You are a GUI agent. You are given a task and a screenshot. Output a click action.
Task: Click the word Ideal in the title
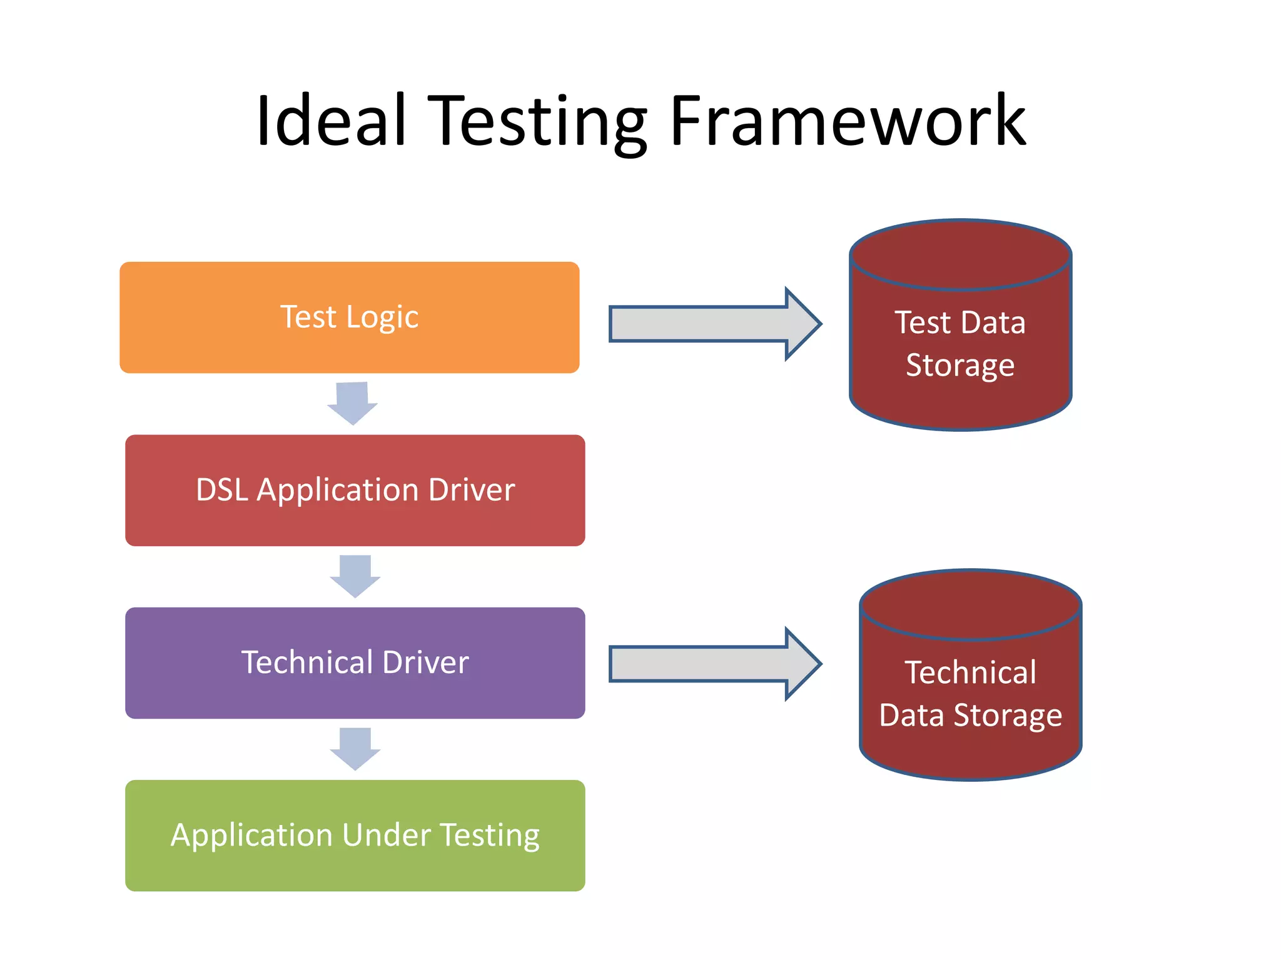tap(332, 120)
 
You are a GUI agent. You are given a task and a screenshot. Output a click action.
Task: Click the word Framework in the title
tap(848, 120)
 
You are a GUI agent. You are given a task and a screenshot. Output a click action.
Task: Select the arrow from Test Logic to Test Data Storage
tap(713, 324)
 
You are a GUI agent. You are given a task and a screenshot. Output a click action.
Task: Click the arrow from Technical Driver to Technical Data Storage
tap(713, 664)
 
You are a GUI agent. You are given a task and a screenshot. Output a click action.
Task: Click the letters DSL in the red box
tap(222, 489)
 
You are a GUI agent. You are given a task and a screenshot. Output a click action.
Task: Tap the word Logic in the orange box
tap(382, 317)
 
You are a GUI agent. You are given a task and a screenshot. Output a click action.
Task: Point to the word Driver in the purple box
tap(425, 662)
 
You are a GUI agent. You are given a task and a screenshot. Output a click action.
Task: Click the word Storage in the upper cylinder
tap(959, 366)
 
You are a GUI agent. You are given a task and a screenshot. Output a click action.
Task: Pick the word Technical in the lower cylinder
tap(970, 672)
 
